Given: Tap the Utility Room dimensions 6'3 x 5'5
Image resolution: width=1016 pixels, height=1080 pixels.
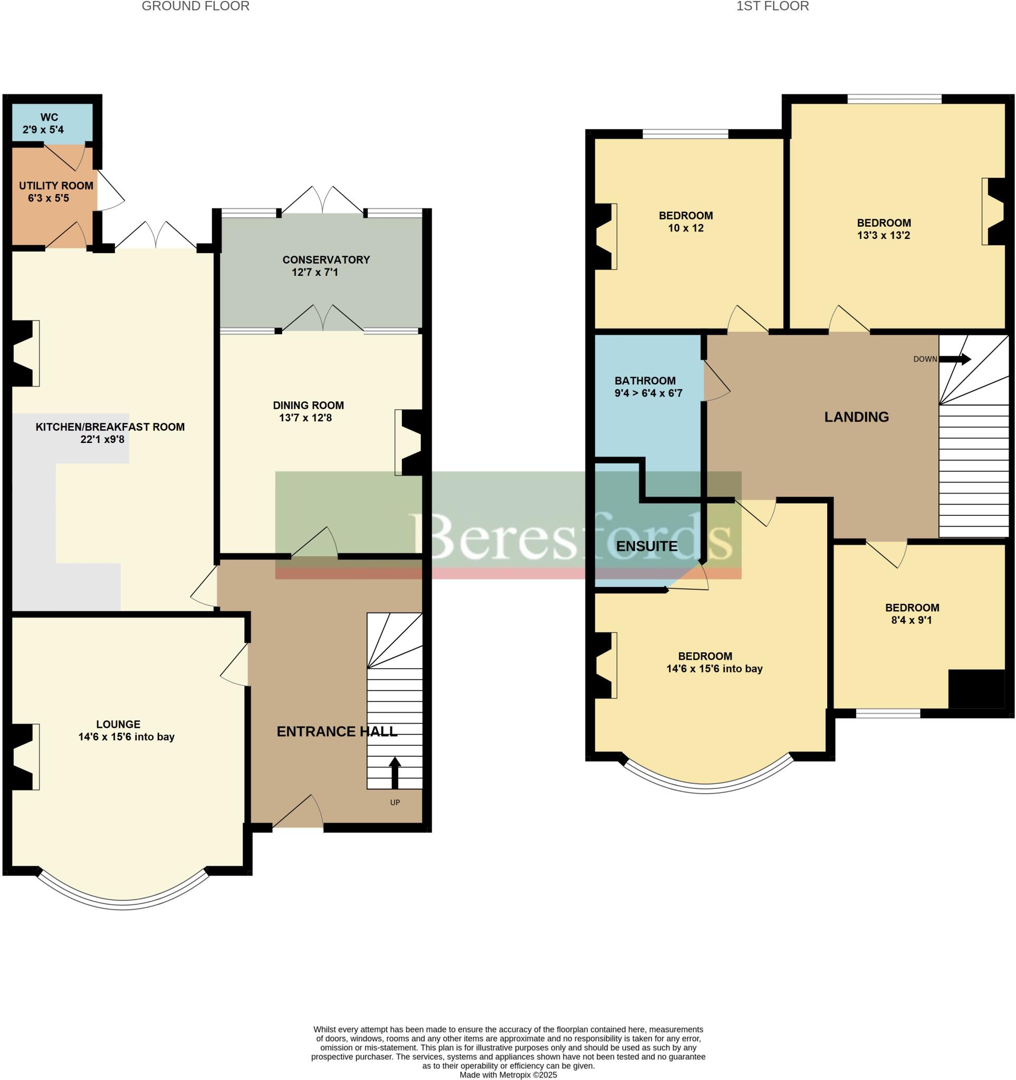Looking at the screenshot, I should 49,198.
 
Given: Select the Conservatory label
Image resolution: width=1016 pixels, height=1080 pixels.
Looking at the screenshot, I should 326,259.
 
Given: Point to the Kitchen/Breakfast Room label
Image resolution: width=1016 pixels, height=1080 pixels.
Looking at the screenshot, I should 110,427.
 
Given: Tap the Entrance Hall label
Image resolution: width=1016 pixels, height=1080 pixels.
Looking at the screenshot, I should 337,732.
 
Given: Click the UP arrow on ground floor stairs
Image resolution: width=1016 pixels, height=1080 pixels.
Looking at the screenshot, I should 395,772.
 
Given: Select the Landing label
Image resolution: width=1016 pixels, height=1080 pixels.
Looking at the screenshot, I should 856,417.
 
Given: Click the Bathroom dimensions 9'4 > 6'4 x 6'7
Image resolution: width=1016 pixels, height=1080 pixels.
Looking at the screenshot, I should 648,393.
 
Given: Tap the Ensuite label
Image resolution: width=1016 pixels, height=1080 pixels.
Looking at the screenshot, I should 647,546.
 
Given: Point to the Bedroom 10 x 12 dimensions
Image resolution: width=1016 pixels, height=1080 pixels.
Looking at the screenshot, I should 686,228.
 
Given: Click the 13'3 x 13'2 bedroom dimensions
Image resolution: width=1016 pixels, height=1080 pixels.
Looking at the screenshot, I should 884,235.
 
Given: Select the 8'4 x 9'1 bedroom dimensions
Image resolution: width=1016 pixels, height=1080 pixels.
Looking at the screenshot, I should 912,620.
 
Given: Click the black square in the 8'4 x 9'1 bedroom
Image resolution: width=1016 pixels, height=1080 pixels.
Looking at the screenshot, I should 976,689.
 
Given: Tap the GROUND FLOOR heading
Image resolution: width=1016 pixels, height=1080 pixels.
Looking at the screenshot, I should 196,6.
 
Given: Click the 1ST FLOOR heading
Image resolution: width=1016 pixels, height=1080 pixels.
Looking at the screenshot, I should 772,6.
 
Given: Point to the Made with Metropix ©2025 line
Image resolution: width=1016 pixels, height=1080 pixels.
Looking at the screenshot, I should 508,1075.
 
